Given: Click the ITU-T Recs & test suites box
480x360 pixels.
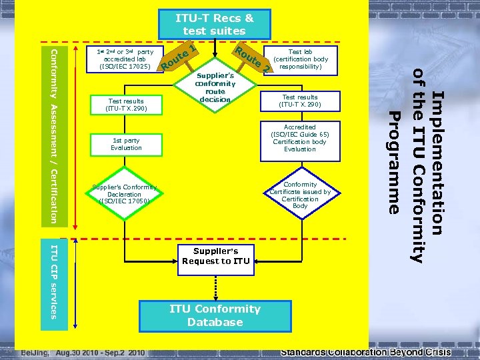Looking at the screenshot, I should (215, 24).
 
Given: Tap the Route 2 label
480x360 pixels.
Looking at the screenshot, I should (253, 58).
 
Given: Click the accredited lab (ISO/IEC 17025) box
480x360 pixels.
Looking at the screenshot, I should (125, 59).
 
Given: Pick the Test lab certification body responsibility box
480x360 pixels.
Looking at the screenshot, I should (300, 59).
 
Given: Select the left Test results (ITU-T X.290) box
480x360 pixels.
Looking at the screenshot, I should (125, 105).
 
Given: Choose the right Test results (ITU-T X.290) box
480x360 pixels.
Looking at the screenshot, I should (300, 101).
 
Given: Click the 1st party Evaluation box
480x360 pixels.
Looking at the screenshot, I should (126, 143).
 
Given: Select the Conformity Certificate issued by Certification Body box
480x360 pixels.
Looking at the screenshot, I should (300, 195).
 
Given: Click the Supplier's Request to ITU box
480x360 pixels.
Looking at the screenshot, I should (215, 256).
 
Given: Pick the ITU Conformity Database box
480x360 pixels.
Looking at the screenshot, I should (215, 316).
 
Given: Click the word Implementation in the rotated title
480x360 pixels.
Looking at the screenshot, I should (437, 163).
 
